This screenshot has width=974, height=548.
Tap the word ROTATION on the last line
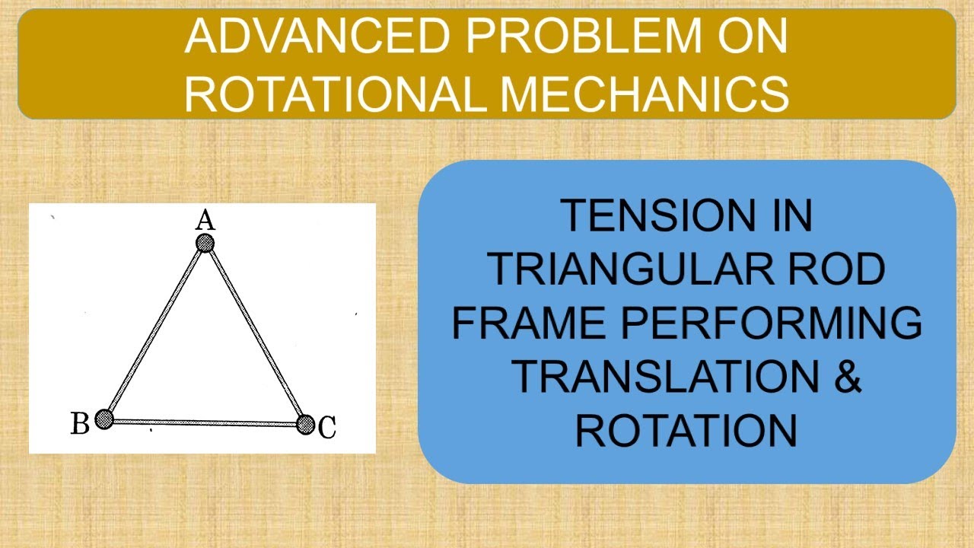pyautogui.click(x=686, y=429)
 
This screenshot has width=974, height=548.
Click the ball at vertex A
pyautogui.click(x=205, y=244)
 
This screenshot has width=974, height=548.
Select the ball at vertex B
pyautogui.click(x=104, y=419)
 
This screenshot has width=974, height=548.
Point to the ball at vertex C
pyautogui.click(x=305, y=424)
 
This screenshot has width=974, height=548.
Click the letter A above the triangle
pyautogui.click(x=205, y=221)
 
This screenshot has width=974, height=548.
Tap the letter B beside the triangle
pyautogui.click(x=80, y=423)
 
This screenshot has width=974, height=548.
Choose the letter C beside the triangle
pyautogui.click(x=327, y=428)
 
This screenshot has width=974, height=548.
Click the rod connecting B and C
pyautogui.click(x=205, y=422)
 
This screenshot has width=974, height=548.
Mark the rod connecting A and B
pyautogui.click(x=154, y=331)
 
